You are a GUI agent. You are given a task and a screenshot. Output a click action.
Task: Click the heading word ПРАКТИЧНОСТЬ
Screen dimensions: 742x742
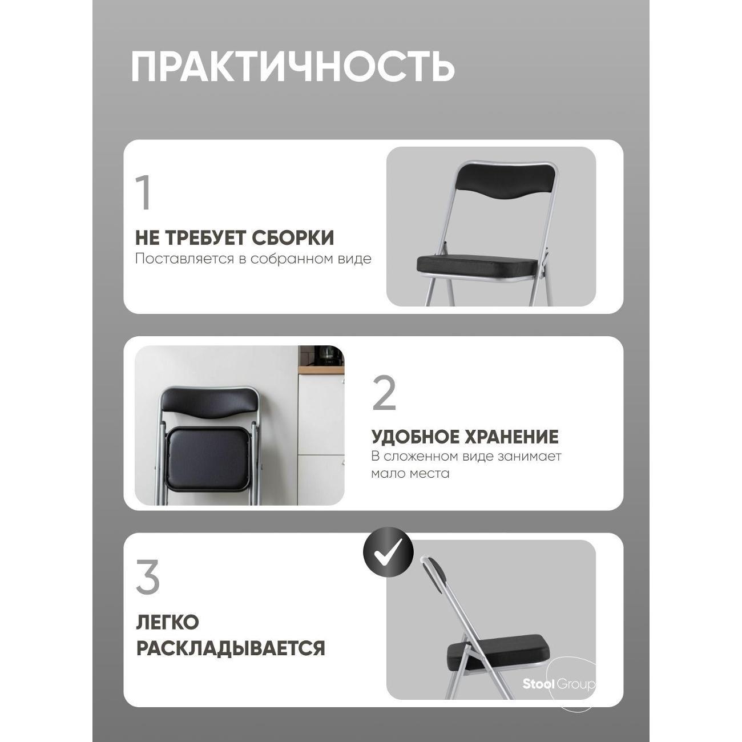[x=293, y=67]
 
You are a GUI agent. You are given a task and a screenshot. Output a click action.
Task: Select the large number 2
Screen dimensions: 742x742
[x=384, y=394]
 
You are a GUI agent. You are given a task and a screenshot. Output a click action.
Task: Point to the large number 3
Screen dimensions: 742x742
[x=148, y=578]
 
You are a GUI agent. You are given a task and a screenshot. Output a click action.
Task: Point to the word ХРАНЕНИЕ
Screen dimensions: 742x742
[x=516, y=437]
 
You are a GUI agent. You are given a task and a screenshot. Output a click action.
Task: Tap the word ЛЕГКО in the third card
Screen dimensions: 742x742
[x=167, y=622]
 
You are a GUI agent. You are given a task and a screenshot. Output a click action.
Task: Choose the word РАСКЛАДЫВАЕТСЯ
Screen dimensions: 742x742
[x=231, y=648]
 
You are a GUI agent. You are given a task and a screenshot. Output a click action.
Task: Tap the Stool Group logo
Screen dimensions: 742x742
[x=559, y=684]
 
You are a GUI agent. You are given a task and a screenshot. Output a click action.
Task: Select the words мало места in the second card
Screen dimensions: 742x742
[x=410, y=473]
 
